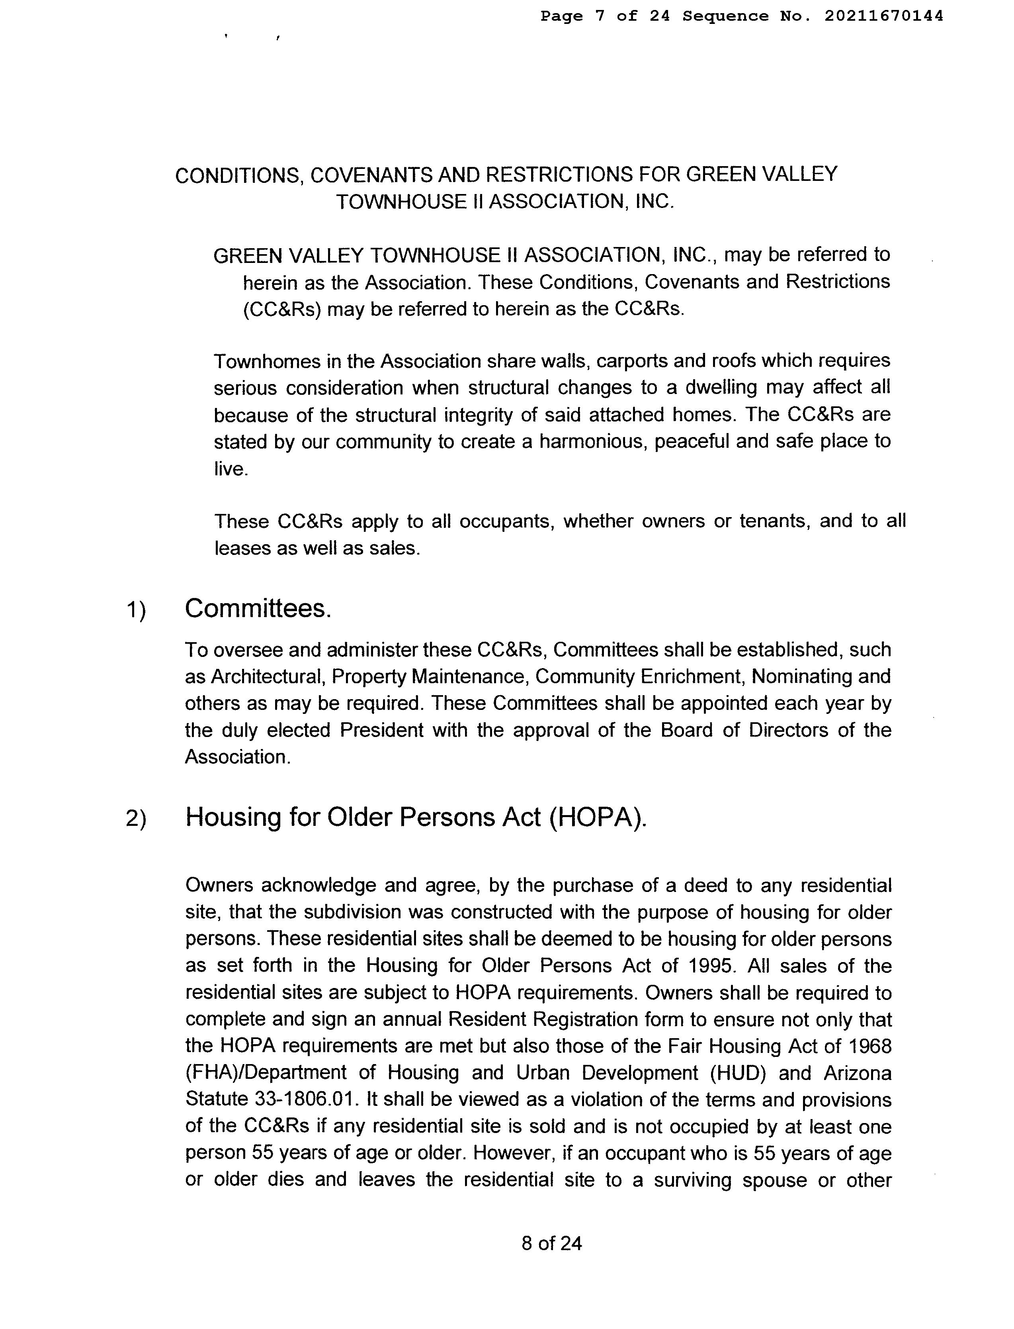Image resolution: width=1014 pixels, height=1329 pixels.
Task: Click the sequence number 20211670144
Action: click(x=884, y=16)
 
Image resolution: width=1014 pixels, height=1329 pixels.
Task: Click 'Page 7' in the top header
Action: click(x=573, y=16)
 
